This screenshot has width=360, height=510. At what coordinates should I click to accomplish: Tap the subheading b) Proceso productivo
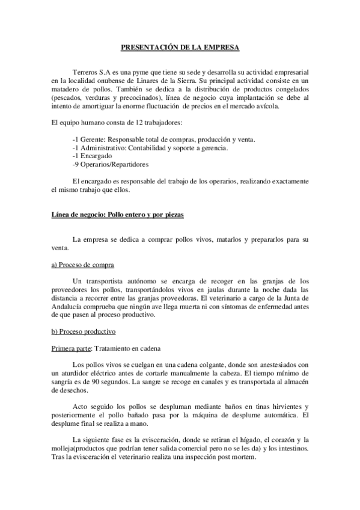pos(84,331)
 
